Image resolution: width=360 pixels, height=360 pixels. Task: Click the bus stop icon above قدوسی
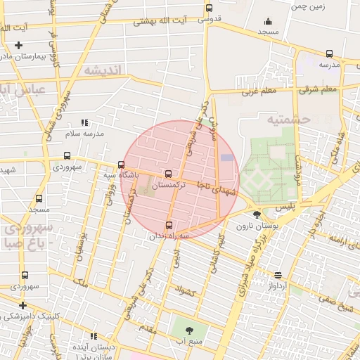coord(209,8)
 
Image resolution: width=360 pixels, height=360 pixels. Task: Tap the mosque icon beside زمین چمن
coord(267,22)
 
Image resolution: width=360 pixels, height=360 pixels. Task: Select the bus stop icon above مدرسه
coord(329,53)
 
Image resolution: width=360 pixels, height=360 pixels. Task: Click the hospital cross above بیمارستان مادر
coord(19,45)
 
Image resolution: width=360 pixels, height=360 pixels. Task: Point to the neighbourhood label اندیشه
coord(103,70)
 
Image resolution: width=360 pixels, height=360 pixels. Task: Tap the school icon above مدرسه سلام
coord(84,122)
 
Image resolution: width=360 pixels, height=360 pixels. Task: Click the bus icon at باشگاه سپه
coord(121,165)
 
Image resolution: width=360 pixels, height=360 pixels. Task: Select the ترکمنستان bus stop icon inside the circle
coord(167,174)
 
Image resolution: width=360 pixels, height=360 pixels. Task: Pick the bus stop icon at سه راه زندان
coord(168,225)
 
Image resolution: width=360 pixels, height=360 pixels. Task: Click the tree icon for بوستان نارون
coord(257,215)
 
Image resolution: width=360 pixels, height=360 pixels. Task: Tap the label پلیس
coord(281,207)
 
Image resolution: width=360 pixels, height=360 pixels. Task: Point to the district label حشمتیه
coord(288,119)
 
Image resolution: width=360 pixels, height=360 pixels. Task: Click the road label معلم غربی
coord(257,91)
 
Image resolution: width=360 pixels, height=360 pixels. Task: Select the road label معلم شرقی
coord(318,89)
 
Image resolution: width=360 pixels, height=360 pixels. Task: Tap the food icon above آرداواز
coord(278,276)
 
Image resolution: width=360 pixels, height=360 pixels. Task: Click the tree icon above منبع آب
coord(188,329)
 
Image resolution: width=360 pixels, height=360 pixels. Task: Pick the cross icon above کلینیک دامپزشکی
coord(23,305)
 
